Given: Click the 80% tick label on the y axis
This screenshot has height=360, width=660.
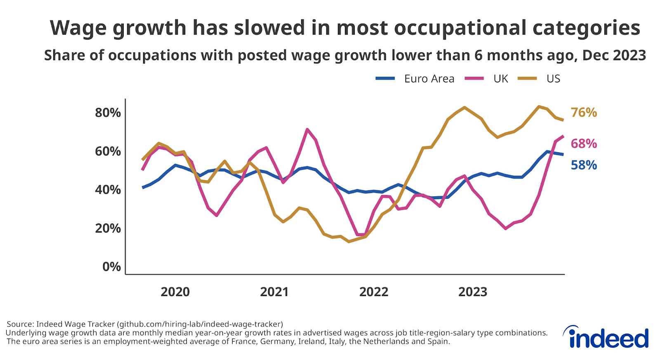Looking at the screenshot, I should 108,113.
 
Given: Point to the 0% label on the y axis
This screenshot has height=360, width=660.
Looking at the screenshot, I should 111,267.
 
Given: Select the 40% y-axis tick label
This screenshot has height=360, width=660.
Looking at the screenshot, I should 108,190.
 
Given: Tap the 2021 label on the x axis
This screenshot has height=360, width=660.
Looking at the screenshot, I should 274,292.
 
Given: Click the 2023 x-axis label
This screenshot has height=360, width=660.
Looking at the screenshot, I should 472,292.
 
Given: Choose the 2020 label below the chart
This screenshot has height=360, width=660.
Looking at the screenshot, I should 175,292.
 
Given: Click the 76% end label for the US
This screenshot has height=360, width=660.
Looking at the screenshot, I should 583,113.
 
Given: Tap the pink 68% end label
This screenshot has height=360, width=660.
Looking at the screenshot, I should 583,144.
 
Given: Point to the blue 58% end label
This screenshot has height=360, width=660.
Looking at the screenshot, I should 583,165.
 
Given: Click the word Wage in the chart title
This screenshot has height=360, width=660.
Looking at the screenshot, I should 77,28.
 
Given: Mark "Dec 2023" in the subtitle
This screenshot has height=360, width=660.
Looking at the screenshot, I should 613,55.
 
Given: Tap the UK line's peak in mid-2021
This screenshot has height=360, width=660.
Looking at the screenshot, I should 307,129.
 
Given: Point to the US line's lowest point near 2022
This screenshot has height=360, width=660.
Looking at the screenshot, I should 349,241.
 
